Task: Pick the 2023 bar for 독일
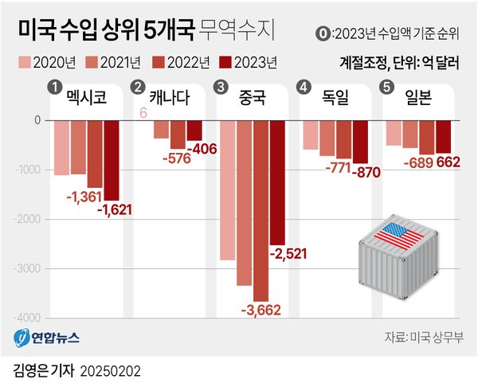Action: coord(360,142)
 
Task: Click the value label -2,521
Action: coord(288,254)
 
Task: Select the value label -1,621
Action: coord(114,209)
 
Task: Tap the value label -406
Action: coord(196,148)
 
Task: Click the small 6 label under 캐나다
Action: coord(143,113)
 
